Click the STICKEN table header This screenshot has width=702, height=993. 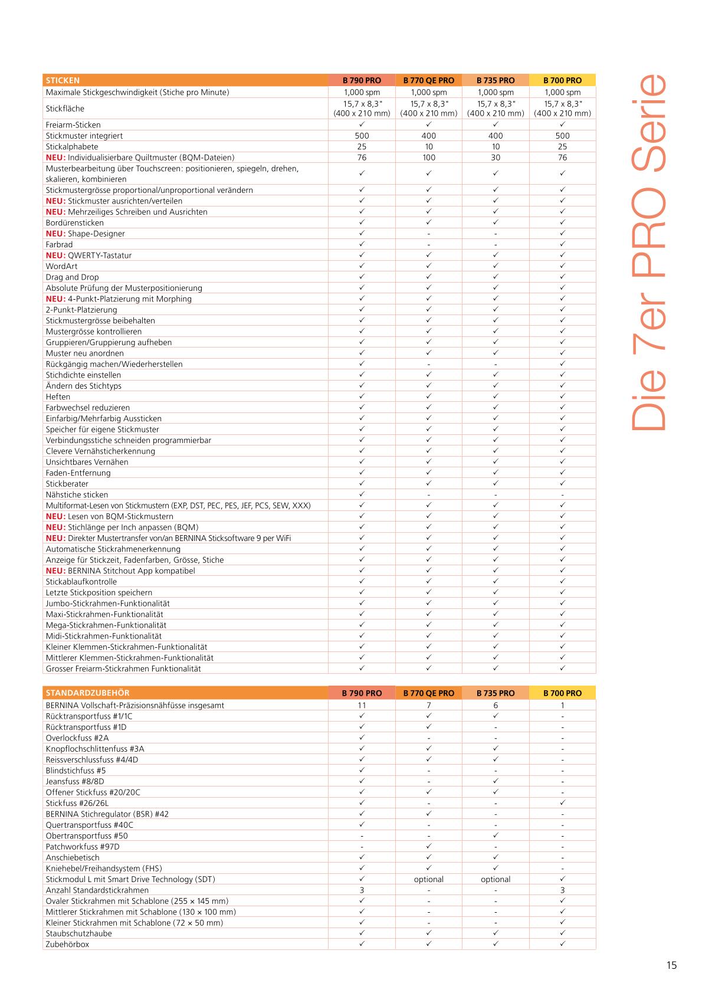point(63,80)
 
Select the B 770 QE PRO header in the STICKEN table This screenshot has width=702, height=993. point(429,80)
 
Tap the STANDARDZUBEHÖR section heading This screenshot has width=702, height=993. point(87,693)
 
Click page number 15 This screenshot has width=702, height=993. point(671,965)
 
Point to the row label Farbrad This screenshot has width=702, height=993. point(59,244)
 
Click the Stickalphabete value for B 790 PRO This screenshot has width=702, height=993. point(362,147)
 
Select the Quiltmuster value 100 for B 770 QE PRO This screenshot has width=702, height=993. point(429,158)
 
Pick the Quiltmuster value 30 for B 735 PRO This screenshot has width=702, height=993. point(496,158)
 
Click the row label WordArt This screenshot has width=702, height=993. point(61,266)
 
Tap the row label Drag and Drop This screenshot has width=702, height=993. point(72,277)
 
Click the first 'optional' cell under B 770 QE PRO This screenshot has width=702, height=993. point(429,879)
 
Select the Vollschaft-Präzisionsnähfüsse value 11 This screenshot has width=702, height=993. point(362,705)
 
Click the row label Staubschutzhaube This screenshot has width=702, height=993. point(78,933)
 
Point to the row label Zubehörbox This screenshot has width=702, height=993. point(67,945)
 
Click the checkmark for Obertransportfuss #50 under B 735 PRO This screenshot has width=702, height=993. point(496,835)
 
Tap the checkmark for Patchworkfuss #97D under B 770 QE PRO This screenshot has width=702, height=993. point(429,847)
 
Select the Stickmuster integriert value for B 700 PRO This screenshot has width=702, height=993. point(562,136)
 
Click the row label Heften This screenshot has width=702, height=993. point(58,397)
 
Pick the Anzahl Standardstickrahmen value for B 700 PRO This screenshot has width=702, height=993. point(562,890)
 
